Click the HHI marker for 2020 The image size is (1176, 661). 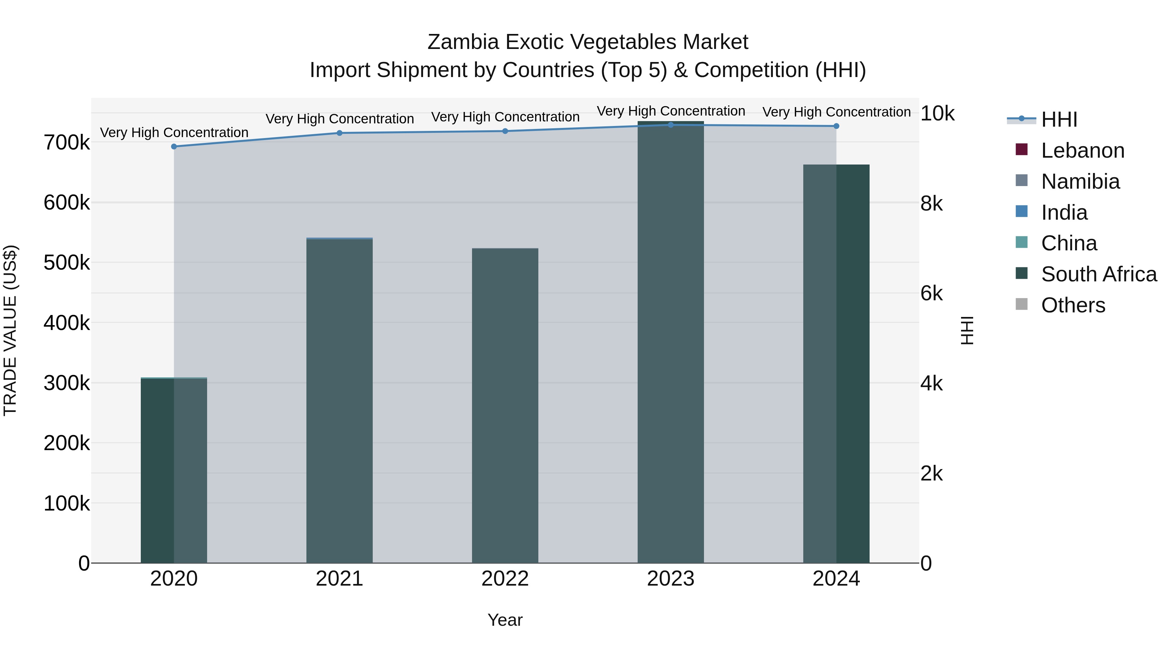point(174,147)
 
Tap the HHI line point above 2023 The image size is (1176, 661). point(671,125)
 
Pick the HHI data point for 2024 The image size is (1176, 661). point(836,126)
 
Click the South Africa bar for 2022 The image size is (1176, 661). point(505,406)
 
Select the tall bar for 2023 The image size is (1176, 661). point(671,342)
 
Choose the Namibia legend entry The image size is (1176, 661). point(1080,181)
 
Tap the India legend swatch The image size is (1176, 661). point(1022,212)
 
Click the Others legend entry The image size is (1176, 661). point(1073,305)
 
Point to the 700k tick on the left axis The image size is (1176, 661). point(67,143)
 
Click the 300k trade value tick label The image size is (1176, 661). point(67,383)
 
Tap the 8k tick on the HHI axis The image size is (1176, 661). point(931,203)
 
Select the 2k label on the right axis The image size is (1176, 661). point(931,474)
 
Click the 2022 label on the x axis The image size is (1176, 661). point(505,579)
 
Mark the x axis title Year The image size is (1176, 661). point(505,620)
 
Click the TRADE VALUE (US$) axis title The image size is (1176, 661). point(10,330)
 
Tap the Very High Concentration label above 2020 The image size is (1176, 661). point(174,132)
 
